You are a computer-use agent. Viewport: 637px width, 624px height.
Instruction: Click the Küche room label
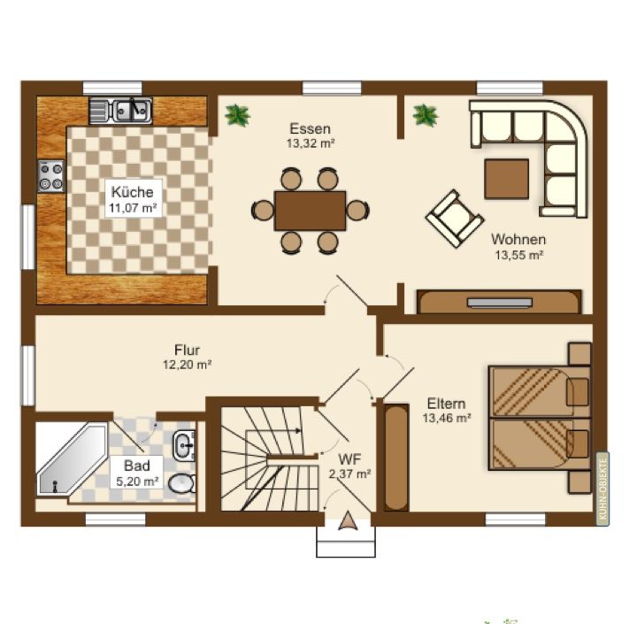pyautogui.click(x=133, y=191)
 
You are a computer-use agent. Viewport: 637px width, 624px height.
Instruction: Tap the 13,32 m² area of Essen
pyautogui.click(x=311, y=143)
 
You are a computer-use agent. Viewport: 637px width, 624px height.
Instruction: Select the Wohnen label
pyautogui.click(x=518, y=239)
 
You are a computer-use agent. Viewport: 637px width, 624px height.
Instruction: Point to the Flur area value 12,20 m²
pyautogui.click(x=188, y=365)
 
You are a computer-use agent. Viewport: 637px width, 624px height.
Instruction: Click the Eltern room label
pyautogui.click(x=446, y=404)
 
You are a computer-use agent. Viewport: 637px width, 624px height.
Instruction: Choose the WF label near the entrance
pyautogui.click(x=349, y=459)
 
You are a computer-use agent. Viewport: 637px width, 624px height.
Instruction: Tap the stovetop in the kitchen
pyautogui.click(x=51, y=176)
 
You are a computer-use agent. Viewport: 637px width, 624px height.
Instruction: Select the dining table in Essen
pyautogui.click(x=311, y=211)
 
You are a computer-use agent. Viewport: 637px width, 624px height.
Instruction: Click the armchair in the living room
pyautogui.click(x=455, y=219)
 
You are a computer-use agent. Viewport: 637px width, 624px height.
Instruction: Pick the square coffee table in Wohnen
pyautogui.click(x=506, y=179)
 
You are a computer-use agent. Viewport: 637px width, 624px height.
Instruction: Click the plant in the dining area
pyautogui.click(x=237, y=115)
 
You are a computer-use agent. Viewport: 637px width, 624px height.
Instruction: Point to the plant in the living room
pyautogui.click(x=426, y=115)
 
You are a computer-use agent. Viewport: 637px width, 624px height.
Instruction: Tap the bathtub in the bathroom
pyautogui.click(x=72, y=459)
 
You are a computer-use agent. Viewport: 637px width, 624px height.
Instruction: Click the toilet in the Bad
pyautogui.click(x=182, y=483)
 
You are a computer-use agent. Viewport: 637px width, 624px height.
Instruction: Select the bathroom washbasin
pyautogui.click(x=185, y=445)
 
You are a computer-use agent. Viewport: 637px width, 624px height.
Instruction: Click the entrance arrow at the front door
pyautogui.click(x=349, y=521)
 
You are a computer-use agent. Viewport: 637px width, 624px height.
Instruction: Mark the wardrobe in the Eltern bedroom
pyautogui.click(x=396, y=458)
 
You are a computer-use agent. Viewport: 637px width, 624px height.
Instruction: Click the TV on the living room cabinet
pyautogui.click(x=499, y=303)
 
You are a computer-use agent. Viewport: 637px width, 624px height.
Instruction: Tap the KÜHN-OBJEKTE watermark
pyautogui.click(x=602, y=489)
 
